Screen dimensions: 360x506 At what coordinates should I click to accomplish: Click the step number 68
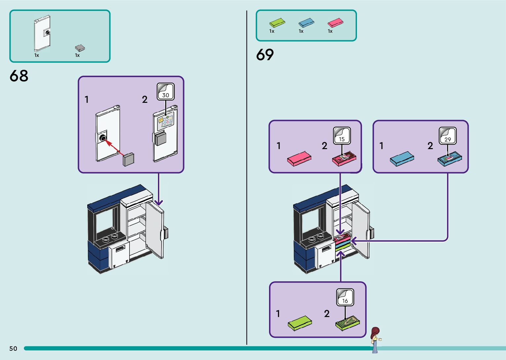(x=19, y=76)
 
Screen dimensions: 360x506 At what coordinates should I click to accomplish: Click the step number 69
(x=265, y=55)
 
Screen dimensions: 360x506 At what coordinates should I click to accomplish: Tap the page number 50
(x=13, y=348)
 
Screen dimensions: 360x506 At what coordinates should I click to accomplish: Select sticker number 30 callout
(x=166, y=92)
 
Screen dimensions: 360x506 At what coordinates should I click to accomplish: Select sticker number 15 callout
(x=342, y=136)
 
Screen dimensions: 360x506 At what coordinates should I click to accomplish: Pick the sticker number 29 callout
(x=448, y=136)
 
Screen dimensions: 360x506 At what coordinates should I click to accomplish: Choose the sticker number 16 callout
(x=345, y=297)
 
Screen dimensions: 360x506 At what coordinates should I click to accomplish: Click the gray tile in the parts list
(x=80, y=48)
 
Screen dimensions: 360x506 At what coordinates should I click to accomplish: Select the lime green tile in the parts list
(x=277, y=22)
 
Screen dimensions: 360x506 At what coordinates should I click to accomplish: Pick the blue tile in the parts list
(x=306, y=22)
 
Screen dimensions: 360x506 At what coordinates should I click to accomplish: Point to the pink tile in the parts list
(x=335, y=22)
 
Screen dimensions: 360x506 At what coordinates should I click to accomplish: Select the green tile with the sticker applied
(x=347, y=322)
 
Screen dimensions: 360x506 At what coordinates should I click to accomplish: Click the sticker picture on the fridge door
(x=166, y=121)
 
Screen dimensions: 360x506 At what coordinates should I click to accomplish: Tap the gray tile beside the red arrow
(x=129, y=159)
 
